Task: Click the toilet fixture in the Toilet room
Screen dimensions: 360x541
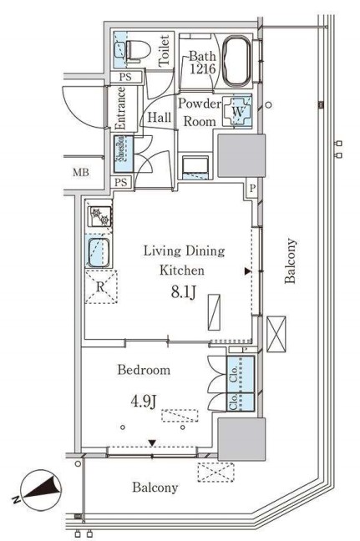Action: (x=137, y=51)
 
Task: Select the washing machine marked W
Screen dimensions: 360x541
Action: (x=237, y=111)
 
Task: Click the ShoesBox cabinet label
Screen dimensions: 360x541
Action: (x=120, y=153)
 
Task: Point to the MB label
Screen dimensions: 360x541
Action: (x=81, y=173)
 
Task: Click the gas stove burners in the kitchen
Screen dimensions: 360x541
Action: (x=99, y=216)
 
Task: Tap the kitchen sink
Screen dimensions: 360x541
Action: (x=99, y=253)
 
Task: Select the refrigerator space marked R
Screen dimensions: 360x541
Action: (x=101, y=287)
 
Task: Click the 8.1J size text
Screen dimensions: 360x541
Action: (x=184, y=292)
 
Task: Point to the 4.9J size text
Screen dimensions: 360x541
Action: (x=145, y=402)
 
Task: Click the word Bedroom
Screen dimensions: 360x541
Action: (x=144, y=370)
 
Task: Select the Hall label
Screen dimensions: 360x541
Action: (x=159, y=118)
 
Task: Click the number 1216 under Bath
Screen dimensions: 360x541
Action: (x=203, y=69)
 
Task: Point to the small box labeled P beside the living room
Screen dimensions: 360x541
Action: (x=252, y=189)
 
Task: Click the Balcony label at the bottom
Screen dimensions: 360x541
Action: (x=155, y=488)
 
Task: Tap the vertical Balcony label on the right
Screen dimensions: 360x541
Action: (x=290, y=260)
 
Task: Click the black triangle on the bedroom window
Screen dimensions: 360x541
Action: (x=152, y=442)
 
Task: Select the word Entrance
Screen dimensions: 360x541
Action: (x=120, y=109)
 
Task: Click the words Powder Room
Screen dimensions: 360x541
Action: (x=200, y=113)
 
